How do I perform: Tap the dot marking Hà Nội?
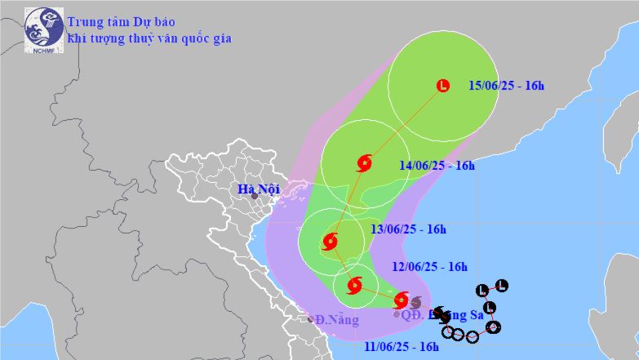point(255,196)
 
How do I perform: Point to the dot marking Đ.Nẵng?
point(310,318)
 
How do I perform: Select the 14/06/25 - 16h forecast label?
point(437,166)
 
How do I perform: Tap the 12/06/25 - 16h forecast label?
point(429,266)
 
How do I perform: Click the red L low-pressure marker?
point(443,85)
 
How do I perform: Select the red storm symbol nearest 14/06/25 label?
point(364,162)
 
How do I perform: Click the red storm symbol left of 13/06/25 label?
point(330,241)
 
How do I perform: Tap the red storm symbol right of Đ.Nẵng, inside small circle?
point(354,286)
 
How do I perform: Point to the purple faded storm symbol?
point(415,302)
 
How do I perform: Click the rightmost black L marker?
point(502,285)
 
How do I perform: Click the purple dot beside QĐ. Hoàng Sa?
point(397,313)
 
